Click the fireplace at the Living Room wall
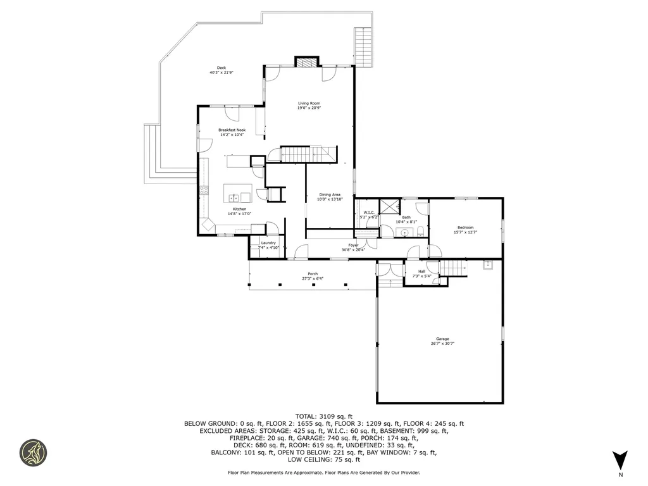[306, 62]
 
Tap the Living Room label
[309, 103]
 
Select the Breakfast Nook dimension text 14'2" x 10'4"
[232, 135]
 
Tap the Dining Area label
[330, 194]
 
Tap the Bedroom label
[465, 227]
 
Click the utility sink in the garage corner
[487, 266]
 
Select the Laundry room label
[268, 242]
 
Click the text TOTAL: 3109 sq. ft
[323, 416]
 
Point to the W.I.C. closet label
[368, 212]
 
